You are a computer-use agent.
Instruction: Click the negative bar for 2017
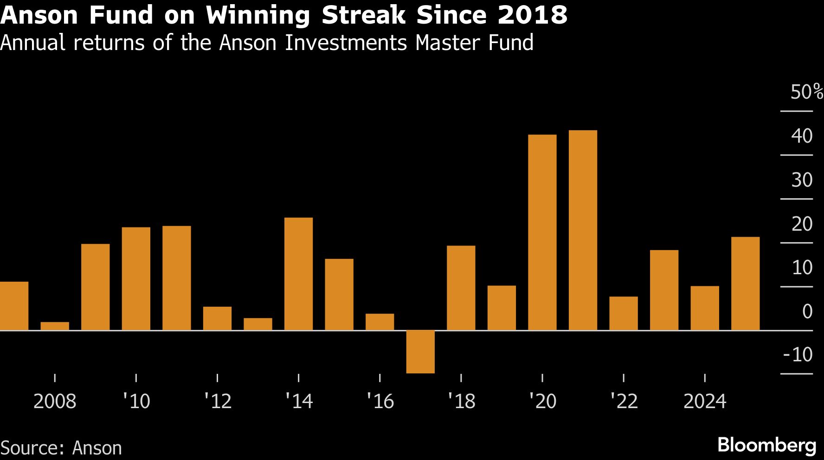(x=420, y=352)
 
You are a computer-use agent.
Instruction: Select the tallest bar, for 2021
(x=583, y=230)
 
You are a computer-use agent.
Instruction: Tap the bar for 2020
(x=542, y=233)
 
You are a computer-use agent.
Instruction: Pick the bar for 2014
(x=298, y=274)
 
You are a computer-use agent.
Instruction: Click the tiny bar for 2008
(x=55, y=326)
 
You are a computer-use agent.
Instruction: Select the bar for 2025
(x=745, y=284)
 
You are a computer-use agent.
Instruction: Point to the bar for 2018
(x=461, y=288)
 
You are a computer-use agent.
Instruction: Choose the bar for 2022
(x=623, y=313)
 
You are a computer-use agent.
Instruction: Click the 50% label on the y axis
(x=806, y=92)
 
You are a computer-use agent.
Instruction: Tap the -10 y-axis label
(x=798, y=355)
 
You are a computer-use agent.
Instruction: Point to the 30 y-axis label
(x=802, y=180)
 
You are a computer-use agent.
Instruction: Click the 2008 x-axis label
(x=55, y=401)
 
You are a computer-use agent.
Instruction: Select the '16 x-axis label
(x=380, y=401)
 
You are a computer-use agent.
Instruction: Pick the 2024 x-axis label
(x=704, y=401)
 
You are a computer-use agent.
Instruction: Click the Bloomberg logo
(x=766, y=445)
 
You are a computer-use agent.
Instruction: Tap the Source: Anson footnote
(x=61, y=448)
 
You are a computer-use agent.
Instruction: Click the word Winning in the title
(x=258, y=15)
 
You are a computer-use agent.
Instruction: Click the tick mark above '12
(x=217, y=378)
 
